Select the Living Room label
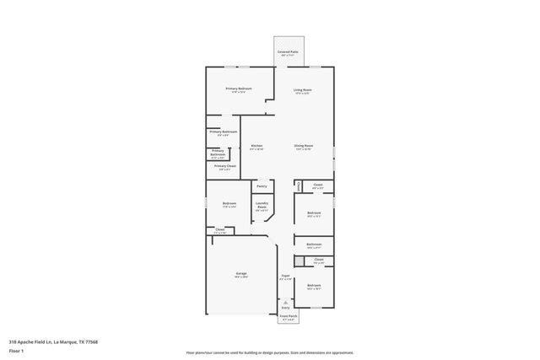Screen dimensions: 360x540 [x=303, y=89]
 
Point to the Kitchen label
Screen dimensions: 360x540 [x=256, y=146]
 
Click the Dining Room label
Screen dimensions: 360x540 [x=303, y=146]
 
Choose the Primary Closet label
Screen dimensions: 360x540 [x=224, y=166]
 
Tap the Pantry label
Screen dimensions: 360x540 [x=262, y=186]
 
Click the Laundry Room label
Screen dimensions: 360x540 [x=262, y=205]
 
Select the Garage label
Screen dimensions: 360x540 [x=240, y=273]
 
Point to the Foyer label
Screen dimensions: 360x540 [x=285, y=276]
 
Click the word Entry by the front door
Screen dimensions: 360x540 [x=285, y=308]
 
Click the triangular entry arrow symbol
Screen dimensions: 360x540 [x=285, y=302]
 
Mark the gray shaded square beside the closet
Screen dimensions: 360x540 [x=299, y=261]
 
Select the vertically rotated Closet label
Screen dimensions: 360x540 [x=298, y=185]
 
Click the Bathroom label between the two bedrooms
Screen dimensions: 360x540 [x=314, y=244]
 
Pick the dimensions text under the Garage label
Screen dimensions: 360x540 [x=240, y=277]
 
